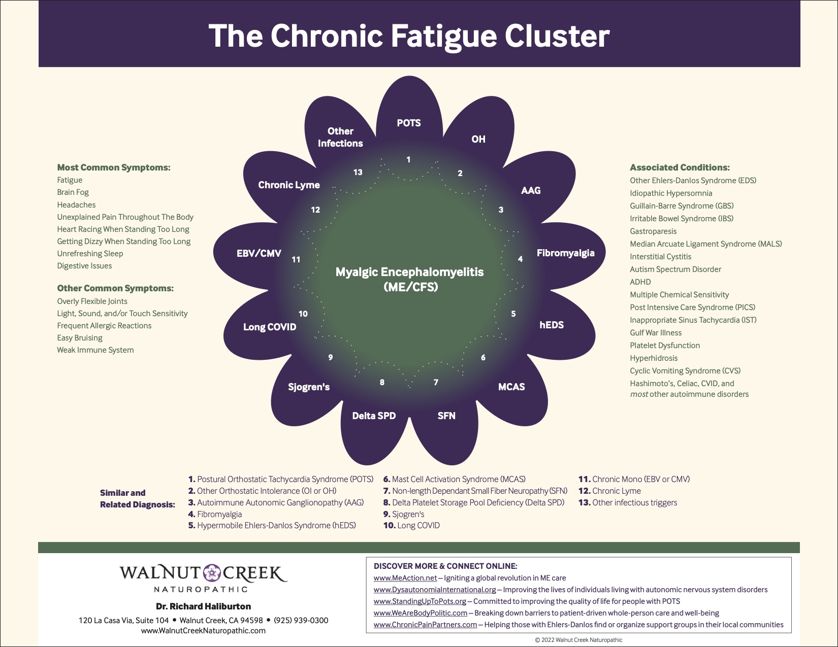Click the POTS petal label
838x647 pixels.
point(408,123)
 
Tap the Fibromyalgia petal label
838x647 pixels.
point(565,253)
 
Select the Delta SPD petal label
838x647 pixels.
point(374,416)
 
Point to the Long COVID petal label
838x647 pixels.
point(269,327)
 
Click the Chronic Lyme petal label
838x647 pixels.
point(288,185)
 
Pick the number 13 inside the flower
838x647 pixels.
point(358,172)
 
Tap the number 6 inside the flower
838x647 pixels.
point(483,357)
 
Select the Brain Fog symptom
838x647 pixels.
point(73,192)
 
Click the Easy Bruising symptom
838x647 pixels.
point(80,338)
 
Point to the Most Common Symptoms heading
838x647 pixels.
point(114,167)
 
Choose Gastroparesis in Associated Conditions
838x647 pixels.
point(653,231)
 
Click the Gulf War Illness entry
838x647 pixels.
point(656,333)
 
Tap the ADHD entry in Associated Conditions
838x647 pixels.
point(640,282)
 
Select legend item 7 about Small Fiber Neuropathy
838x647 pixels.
point(475,491)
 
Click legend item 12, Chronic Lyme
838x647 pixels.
point(609,491)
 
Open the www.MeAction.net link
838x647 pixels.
point(405,578)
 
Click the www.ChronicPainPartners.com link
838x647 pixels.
point(425,625)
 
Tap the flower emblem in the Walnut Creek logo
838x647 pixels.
point(212,573)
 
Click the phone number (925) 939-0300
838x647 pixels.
point(301,620)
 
